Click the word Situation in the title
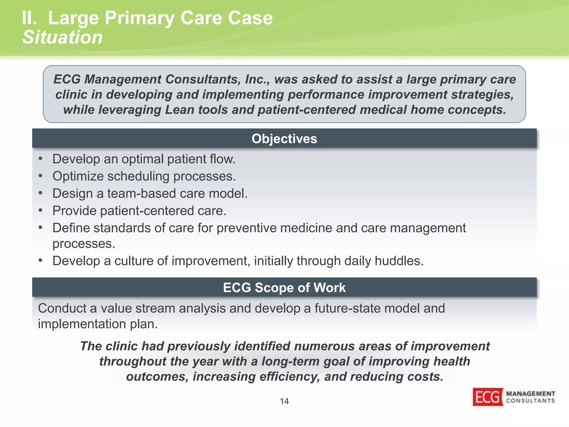(63, 37)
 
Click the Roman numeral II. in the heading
(29, 18)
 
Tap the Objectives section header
(284, 138)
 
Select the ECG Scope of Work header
(284, 287)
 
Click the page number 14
(284, 401)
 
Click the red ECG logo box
(488, 397)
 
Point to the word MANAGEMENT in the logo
(530, 394)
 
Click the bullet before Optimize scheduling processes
(41, 176)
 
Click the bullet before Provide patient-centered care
(41, 210)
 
